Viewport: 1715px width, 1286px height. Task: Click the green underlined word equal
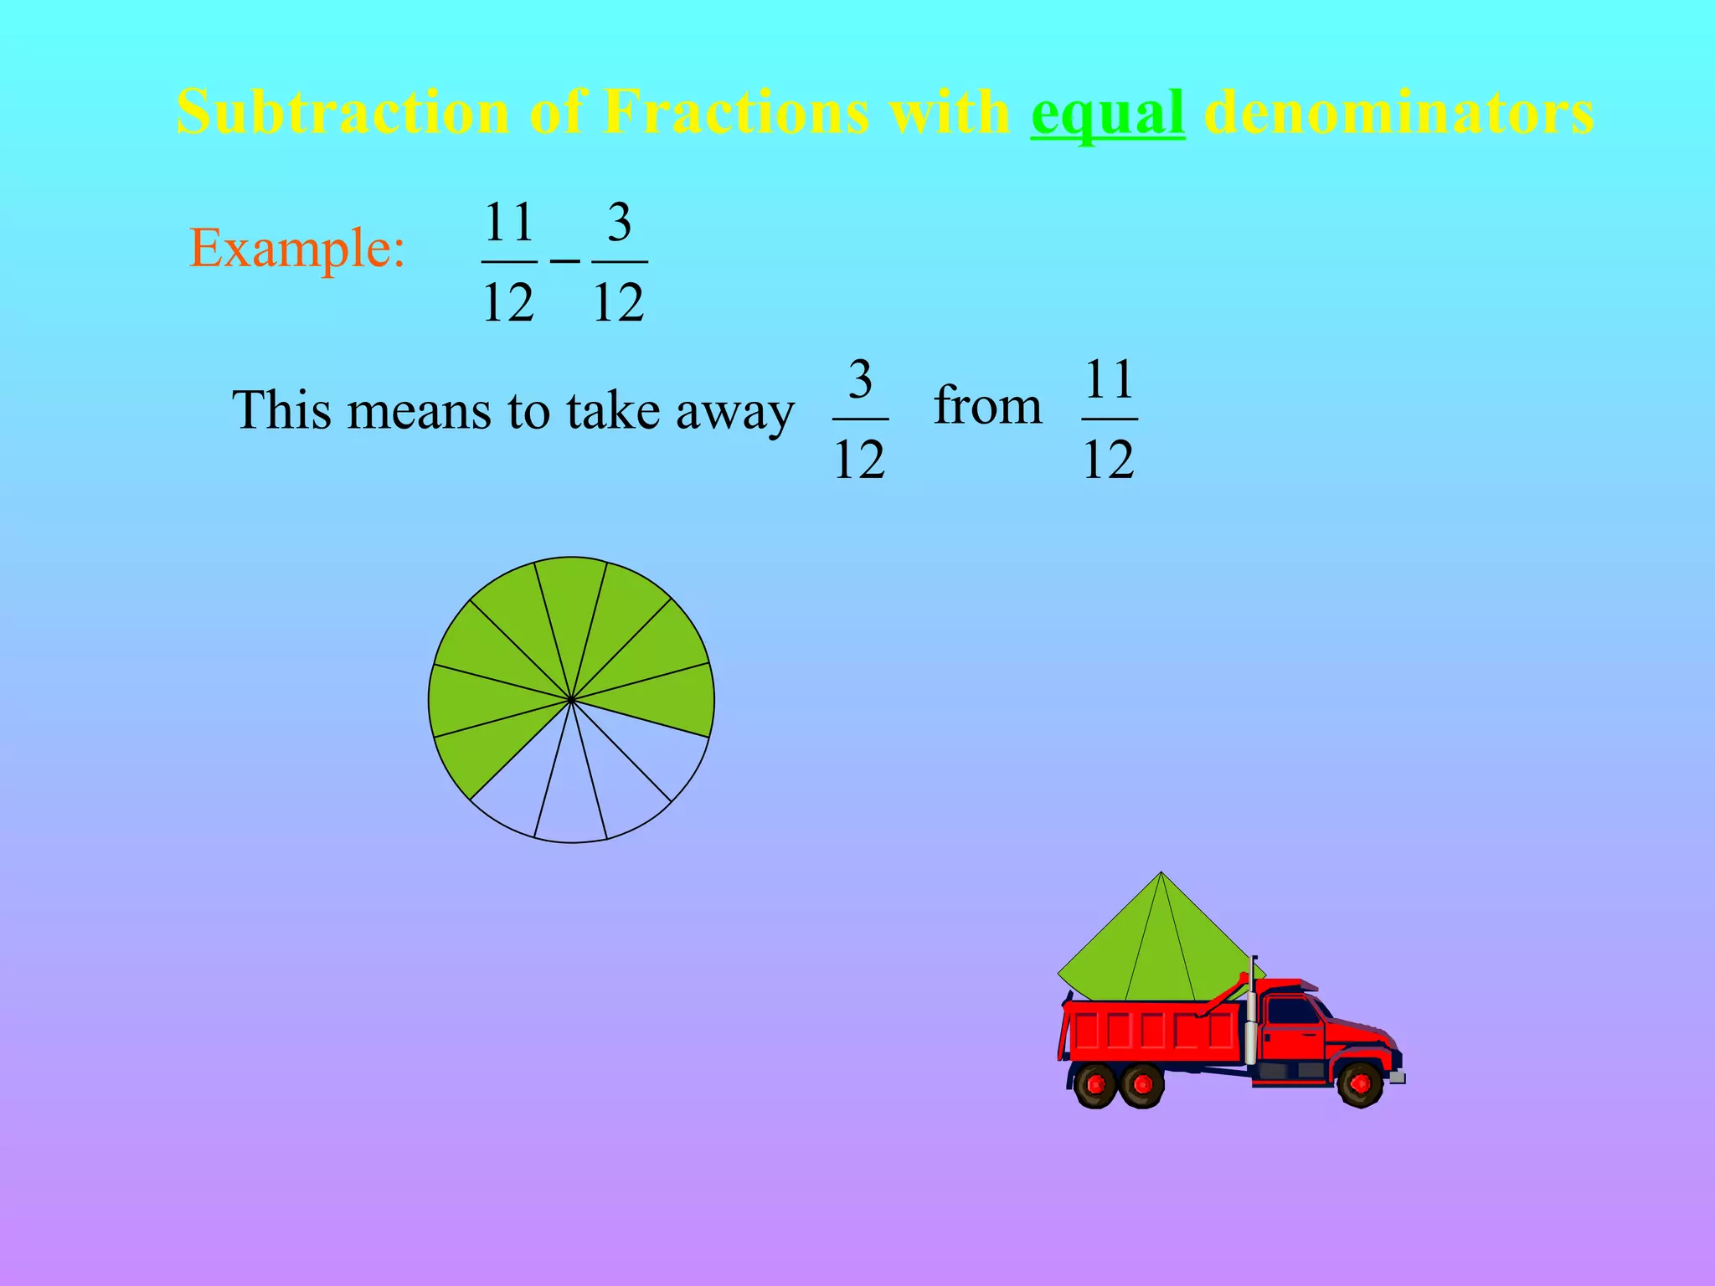point(1107,113)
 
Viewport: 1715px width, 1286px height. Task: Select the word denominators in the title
point(1398,111)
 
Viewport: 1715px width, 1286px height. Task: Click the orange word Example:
point(297,249)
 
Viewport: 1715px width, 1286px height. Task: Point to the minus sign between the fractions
point(564,261)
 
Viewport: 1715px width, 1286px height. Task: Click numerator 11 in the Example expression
point(509,223)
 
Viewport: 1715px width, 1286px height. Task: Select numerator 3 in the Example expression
point(619,223)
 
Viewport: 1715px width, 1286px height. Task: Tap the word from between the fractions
point(988,406)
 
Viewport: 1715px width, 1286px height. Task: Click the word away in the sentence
point(734,411)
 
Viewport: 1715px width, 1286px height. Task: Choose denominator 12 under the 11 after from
point(1109,459)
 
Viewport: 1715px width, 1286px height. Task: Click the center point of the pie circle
point(571,700)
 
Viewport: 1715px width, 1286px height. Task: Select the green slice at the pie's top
point(571,603)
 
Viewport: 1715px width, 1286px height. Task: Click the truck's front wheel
point(1360,1084)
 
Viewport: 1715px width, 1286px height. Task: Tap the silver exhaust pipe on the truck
point(1252,1017)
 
